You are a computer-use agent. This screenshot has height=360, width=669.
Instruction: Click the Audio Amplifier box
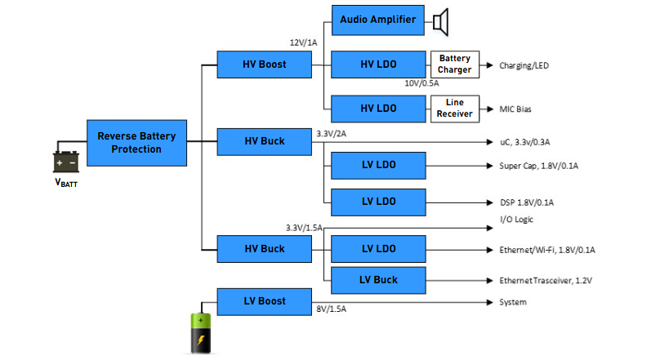click(378, 20)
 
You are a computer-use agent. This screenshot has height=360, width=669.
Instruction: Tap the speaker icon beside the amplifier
click(441, 22)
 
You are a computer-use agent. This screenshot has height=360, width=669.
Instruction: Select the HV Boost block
click(264, 64)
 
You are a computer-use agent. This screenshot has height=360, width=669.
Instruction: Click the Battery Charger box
click(455, 64)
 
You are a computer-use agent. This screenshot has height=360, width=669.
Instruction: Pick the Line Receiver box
click(455, 109)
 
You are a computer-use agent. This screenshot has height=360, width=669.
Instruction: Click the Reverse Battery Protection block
click(136, 143)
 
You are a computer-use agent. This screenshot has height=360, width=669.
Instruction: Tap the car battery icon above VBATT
click(66, 162)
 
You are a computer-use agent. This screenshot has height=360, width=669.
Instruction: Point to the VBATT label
click(66, 183)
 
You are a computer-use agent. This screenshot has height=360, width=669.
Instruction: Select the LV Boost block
click(264, 301)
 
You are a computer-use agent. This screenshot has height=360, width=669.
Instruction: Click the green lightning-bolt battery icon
click(200, 333)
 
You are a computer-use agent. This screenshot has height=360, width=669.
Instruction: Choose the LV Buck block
click(378, 280)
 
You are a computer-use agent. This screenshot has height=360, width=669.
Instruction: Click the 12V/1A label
click(303, 42)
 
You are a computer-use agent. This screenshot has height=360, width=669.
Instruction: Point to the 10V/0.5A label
click(421, 83)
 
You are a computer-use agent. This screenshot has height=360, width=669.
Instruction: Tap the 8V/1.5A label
click(331, 309)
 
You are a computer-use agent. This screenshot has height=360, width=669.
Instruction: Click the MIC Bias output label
click(515, 109)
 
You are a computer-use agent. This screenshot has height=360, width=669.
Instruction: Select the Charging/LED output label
click(524, 65)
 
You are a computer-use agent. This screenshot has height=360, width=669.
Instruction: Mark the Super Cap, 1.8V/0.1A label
click(538, 166)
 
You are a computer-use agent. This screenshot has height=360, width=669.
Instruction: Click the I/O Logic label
click(517, 220)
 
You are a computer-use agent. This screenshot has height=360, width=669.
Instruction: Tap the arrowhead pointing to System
click(490, 302)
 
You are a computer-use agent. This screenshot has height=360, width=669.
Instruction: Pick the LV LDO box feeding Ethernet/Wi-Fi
click(378, 249)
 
